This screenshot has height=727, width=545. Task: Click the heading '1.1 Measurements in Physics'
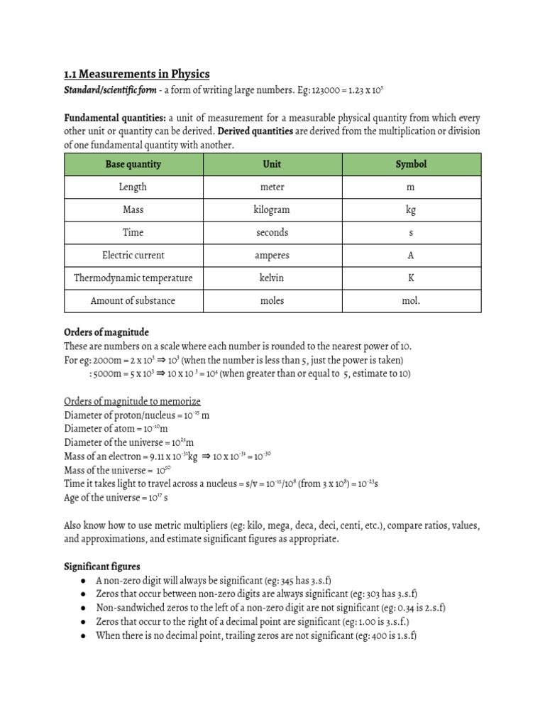click(x=137, y=75)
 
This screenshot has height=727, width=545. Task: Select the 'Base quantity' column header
click(x=133, y=164)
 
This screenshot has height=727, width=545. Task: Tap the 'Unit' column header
click(x=272, y=164)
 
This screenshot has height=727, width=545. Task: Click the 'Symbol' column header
click(x=411, y=164)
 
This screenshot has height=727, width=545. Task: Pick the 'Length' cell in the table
click(x=133, y=187)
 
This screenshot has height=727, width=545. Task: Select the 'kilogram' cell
click(x=272, y=209)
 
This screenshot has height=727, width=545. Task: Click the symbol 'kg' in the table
click(x=411, y=210)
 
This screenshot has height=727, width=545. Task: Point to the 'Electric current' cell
click(x=133, y=255)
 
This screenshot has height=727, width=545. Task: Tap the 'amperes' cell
click(x=272, y=255)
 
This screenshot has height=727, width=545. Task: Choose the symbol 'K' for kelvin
click(x=411, y=278)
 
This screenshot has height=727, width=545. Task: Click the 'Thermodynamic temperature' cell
click(x=133, y=278)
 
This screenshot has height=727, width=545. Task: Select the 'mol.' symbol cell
click(x=411, y=300)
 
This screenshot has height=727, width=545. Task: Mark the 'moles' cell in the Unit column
click(x=272, y=300)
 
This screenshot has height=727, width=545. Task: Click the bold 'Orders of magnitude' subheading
click(x=106, y=332)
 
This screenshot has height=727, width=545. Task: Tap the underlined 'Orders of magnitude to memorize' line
click(x=133, y=400)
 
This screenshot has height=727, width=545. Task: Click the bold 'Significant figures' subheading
click(x=102, y=566)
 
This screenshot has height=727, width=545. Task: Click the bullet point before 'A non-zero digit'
click(x=84, y=580)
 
